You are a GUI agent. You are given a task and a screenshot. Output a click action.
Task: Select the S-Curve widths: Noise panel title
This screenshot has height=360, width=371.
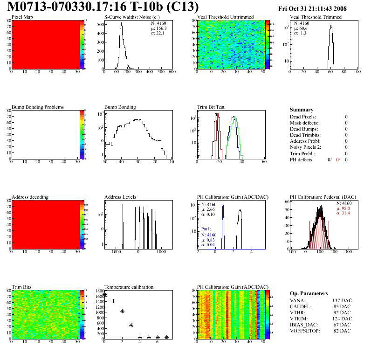[132, 17]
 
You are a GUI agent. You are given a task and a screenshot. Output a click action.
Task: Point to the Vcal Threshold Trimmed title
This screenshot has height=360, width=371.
[316, 17]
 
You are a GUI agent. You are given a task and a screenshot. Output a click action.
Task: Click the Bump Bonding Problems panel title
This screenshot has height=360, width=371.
[38, 107]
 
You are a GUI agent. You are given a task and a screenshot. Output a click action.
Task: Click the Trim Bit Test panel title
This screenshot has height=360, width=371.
[211, 107]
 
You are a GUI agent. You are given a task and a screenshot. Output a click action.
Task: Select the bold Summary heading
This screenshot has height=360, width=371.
[301, 110]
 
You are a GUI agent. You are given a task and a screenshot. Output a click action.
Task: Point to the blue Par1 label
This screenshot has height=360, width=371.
[206, 229]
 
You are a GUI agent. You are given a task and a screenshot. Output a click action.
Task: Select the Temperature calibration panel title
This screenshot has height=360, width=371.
[129, 287]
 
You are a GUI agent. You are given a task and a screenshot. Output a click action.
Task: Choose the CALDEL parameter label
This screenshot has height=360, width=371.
[301, 306]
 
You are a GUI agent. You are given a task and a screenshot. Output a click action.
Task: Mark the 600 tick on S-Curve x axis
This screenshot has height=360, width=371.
[172, 72]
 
